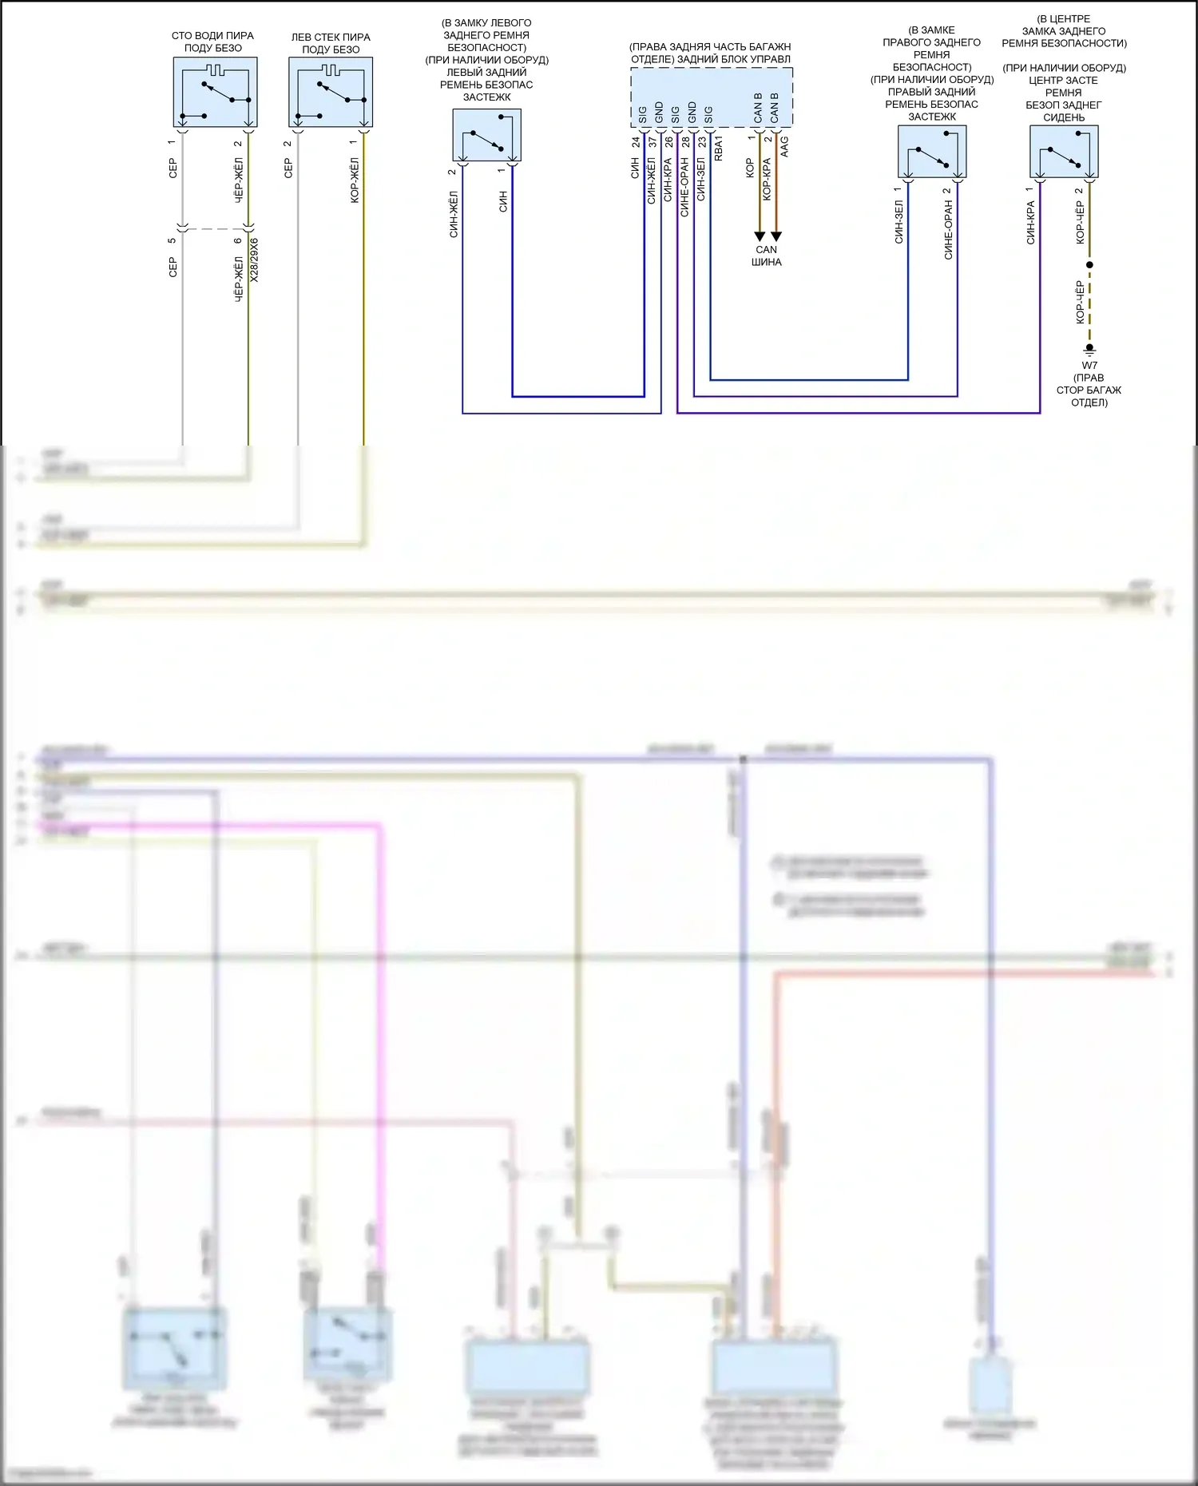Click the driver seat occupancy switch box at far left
[x=215, y=92]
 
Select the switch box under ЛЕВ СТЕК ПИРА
[x=331, y=92]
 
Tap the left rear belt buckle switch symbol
[x=486, y=135]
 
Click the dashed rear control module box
[x=712, y=97]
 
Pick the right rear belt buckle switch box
[x=932, y=152]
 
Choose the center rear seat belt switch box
[x=1064, y=152]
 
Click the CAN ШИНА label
[x=766, y=256]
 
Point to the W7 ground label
[x=1089, y=366]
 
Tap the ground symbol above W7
[x=1089, y=350]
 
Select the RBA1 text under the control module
[x=718, y=149]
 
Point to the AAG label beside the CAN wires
[x=784, y=146]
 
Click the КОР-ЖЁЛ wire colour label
[x=355, y=180]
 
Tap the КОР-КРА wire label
[x=767, y=179]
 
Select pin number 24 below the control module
[x=636, y=142]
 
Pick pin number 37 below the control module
[x=653, y=142]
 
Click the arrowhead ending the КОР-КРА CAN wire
[x=776, y=236]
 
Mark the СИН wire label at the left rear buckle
[x=503, y=201]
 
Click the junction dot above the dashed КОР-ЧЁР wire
[x=1089, y=264]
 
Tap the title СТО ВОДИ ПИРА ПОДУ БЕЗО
[x=212, y=42]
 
